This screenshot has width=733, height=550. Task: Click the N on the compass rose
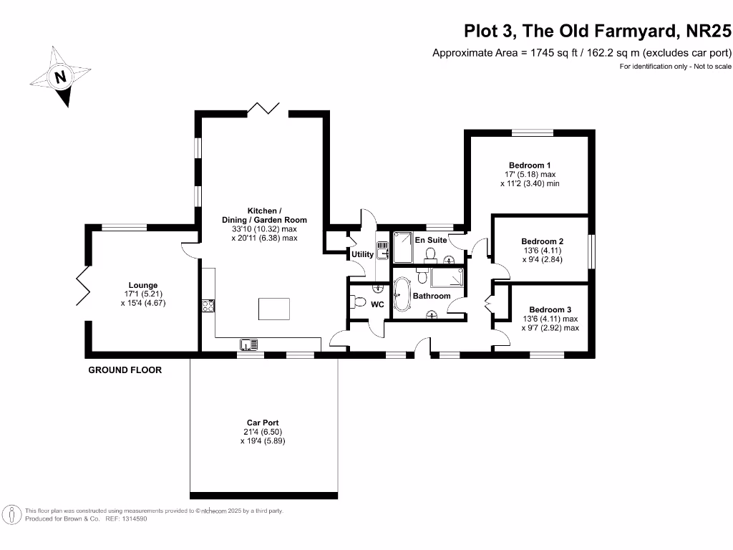[x=60, y=77]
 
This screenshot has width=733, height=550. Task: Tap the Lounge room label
[x=143, y=285]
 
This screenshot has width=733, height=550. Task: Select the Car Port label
[x=263, y=423]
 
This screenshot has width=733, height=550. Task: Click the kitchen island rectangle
[x=274, y=309]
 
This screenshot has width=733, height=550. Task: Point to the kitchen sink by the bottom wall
[x=248, y=344]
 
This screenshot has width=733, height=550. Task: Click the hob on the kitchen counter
[x=208, y=306]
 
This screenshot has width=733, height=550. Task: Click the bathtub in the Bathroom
[x=402, y=294]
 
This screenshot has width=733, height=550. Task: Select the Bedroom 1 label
[x=530, y=165]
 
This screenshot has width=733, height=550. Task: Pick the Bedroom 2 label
[x=543, y=242]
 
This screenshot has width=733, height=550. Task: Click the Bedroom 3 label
[x=550, y=309]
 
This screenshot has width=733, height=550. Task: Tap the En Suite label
[x=431, y=240]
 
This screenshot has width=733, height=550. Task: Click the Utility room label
[x=362, y=254]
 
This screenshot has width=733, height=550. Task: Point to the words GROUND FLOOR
[x=125, y=370]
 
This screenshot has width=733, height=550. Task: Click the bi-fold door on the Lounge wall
[x=83, y=286]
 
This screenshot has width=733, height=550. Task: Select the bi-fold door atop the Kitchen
[x=263, y=108]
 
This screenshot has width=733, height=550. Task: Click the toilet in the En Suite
[x=430, y=255]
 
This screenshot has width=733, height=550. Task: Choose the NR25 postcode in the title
[x=708, y=31]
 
